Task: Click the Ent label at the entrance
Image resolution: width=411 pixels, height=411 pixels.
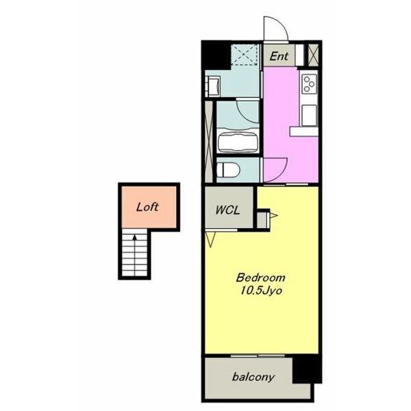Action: (x=279, y=56)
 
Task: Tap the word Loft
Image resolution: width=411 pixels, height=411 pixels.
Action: (x=147, y=207)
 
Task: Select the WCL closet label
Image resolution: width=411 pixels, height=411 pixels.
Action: (x=227, y=210)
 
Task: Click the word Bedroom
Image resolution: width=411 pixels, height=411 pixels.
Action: (x=260, y=277)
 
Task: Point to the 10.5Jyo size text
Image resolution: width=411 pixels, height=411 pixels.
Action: (x=262, y=290)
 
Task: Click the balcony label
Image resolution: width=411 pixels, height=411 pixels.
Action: (x=253, y=377)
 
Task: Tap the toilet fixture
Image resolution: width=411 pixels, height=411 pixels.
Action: (x=229, y=170)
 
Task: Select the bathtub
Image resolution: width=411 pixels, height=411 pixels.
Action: (x=238, y=142)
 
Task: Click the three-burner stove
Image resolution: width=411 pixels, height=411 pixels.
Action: (x=310, y=84)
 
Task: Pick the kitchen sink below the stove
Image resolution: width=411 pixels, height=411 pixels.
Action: (x=310, y=115)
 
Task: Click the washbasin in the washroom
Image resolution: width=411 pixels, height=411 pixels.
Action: (x=213, y=86)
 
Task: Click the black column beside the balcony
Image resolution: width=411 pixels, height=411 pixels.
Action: (x=307, y=369)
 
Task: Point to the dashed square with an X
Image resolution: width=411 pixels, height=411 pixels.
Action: (x=245, y=55)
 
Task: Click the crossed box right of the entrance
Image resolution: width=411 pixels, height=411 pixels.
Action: (x=313, y=55)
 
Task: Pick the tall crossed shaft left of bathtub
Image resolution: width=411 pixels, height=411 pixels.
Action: (x=209, y=142)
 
